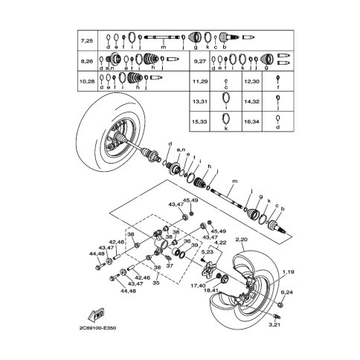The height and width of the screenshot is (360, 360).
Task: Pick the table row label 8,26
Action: pyautogui.click(x=87, y=59)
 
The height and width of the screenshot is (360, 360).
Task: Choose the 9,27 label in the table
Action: pyautogui.click(x=199, y=59)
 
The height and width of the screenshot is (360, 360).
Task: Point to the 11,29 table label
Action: pyautogui.click(x=199, y=79)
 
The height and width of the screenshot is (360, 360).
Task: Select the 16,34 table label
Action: pyautogui.click(x=251, y=120)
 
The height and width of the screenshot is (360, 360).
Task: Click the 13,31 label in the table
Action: pyautogui.click(x=199, y=100)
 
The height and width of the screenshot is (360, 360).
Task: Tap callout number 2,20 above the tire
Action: pyautogui.click(x=241, y=240)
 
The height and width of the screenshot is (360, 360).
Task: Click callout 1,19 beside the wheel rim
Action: pyautogui.click(x=288, y=272)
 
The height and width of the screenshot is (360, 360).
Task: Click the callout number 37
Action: pyautogui.click(x=169, y=265)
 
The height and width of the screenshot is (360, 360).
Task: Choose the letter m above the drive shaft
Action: pyautogui.click(x=234, y=181)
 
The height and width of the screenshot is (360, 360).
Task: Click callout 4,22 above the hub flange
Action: pyautogui.click(x=221, y=242)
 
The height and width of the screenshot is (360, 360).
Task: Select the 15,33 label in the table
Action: pyautogui.click(x=199, y=120)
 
